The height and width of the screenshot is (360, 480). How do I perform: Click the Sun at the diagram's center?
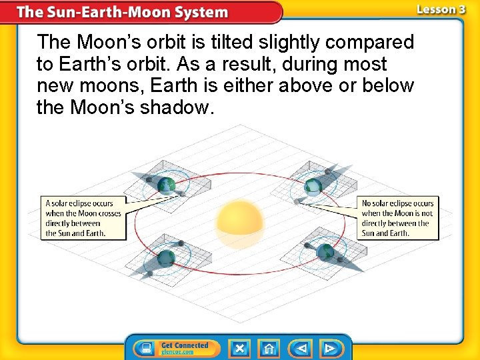(240, 221)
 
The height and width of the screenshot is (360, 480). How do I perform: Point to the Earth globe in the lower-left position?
(166, 257)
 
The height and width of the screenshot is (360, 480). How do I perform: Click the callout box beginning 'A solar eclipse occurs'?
(84, 218)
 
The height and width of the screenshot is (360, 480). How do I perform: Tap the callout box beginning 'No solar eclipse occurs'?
(398, 218)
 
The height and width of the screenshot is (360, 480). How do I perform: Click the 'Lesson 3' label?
(441, 10)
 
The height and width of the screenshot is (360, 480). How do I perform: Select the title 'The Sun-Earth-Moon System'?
(122, 13)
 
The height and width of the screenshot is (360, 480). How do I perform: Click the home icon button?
(269, 348)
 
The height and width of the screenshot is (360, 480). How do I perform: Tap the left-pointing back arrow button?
(301, 348)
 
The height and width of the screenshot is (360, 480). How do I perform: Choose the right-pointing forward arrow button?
(330, 348)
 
